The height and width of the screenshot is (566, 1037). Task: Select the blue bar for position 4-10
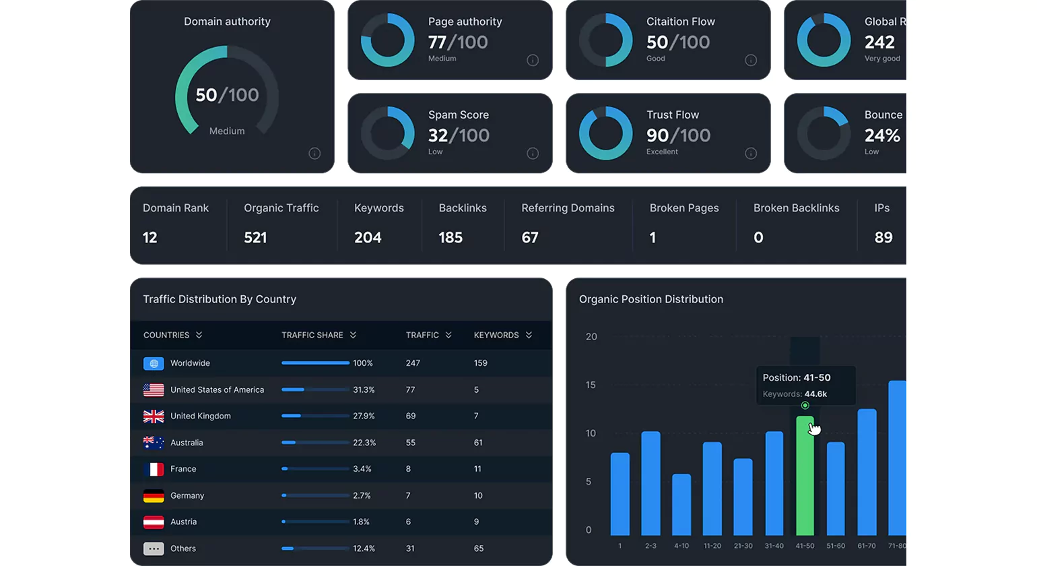coord(681,505)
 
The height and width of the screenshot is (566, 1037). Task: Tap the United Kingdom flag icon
coord(154,416)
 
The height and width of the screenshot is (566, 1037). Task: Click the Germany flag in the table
coord(154,496)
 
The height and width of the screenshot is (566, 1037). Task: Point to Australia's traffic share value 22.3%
coord(364,443)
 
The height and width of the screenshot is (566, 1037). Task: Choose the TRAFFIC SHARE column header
coord(312,335)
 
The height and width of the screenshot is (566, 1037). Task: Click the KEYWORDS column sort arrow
coord(529,335)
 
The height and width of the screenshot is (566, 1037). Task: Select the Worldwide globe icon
coord(154,364)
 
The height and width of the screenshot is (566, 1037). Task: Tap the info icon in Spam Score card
coord(533,154)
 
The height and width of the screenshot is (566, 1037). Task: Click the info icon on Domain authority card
coord(315,154)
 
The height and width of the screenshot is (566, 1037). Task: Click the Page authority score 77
coord(437,42)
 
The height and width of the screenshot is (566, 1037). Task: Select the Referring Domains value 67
coord(530,238)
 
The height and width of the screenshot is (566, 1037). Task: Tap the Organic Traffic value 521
coord(256,238)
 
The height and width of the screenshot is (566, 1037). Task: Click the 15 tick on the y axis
coord(591,385)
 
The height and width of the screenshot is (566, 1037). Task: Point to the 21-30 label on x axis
coord(743,546)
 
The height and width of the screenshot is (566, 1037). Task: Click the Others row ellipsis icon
coord(154,549)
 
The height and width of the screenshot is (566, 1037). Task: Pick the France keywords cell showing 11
coord(478,469)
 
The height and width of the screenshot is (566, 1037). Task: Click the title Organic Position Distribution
coord(651,299)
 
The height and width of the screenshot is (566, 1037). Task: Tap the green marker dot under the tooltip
coord(805,406)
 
